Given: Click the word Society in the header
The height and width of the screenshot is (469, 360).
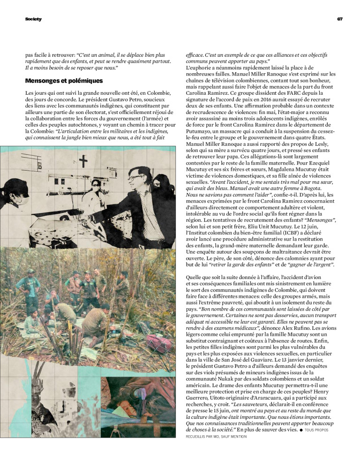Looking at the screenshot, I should point(33,19).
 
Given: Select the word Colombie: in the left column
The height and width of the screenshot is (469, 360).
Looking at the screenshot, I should point(40,131).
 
